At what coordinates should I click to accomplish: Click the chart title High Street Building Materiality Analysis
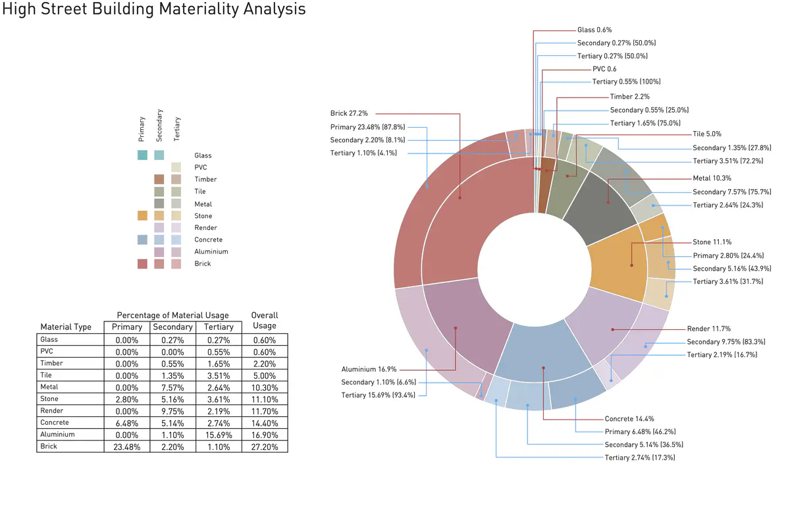(154, 10)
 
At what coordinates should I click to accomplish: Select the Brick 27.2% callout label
(349, 113)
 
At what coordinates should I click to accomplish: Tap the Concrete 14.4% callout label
(629, 419)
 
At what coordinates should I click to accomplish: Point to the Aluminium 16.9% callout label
(369, 369)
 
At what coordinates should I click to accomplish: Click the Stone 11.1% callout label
(712, 242)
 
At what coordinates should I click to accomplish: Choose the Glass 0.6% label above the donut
(594, 30)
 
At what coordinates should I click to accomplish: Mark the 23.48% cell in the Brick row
(126, 447)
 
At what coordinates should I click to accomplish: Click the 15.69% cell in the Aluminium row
(219, 435)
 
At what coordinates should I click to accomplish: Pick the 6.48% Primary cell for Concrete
(126, 423)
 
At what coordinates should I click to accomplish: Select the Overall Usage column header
(264, 320)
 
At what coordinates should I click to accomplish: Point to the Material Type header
(65, 327)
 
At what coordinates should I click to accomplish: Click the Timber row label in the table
(51, 363)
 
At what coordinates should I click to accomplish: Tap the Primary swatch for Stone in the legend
(142, 216)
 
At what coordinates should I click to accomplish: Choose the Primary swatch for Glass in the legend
(142, 155)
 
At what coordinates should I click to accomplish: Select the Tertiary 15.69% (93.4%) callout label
(377, 395)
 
